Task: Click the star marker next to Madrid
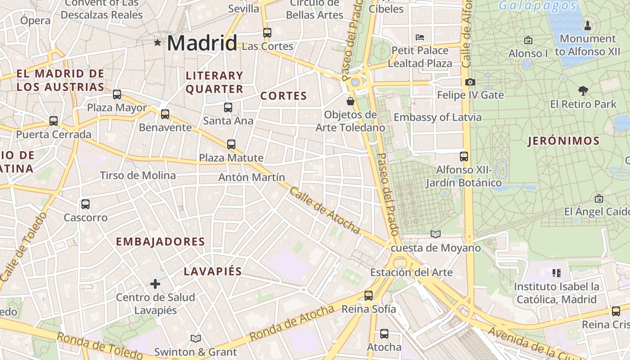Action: click(x=157, y=43)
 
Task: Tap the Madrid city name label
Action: click(x=202, y=43)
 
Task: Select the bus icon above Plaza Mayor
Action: click(x=117, y=94)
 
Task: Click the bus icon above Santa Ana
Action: click(x=228, y=107)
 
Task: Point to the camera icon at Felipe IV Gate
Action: click(x=470, y=82)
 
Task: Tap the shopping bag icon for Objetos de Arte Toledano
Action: click(x=351, y=101)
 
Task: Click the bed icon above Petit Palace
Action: click(x=420, y=37)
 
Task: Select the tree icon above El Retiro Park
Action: click(x=583, y=91)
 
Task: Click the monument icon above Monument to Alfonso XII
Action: click(x=587, y=25)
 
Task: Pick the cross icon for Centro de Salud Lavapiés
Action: click(x=155, y=284)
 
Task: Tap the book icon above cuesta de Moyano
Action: click(x=435, y=234)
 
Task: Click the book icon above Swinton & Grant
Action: click(x=195, y=338)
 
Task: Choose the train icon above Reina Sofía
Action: click(x=369, y=296)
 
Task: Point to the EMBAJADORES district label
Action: click(x=160, y=242)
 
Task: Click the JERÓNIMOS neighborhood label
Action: click(x=563, y=141)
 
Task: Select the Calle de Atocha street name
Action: click(x=324, y=211)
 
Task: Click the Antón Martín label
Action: click(x=252, y=177)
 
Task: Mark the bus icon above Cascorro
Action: click(x=85, y=204)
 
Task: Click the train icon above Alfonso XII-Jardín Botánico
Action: click(x=464, y=157)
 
